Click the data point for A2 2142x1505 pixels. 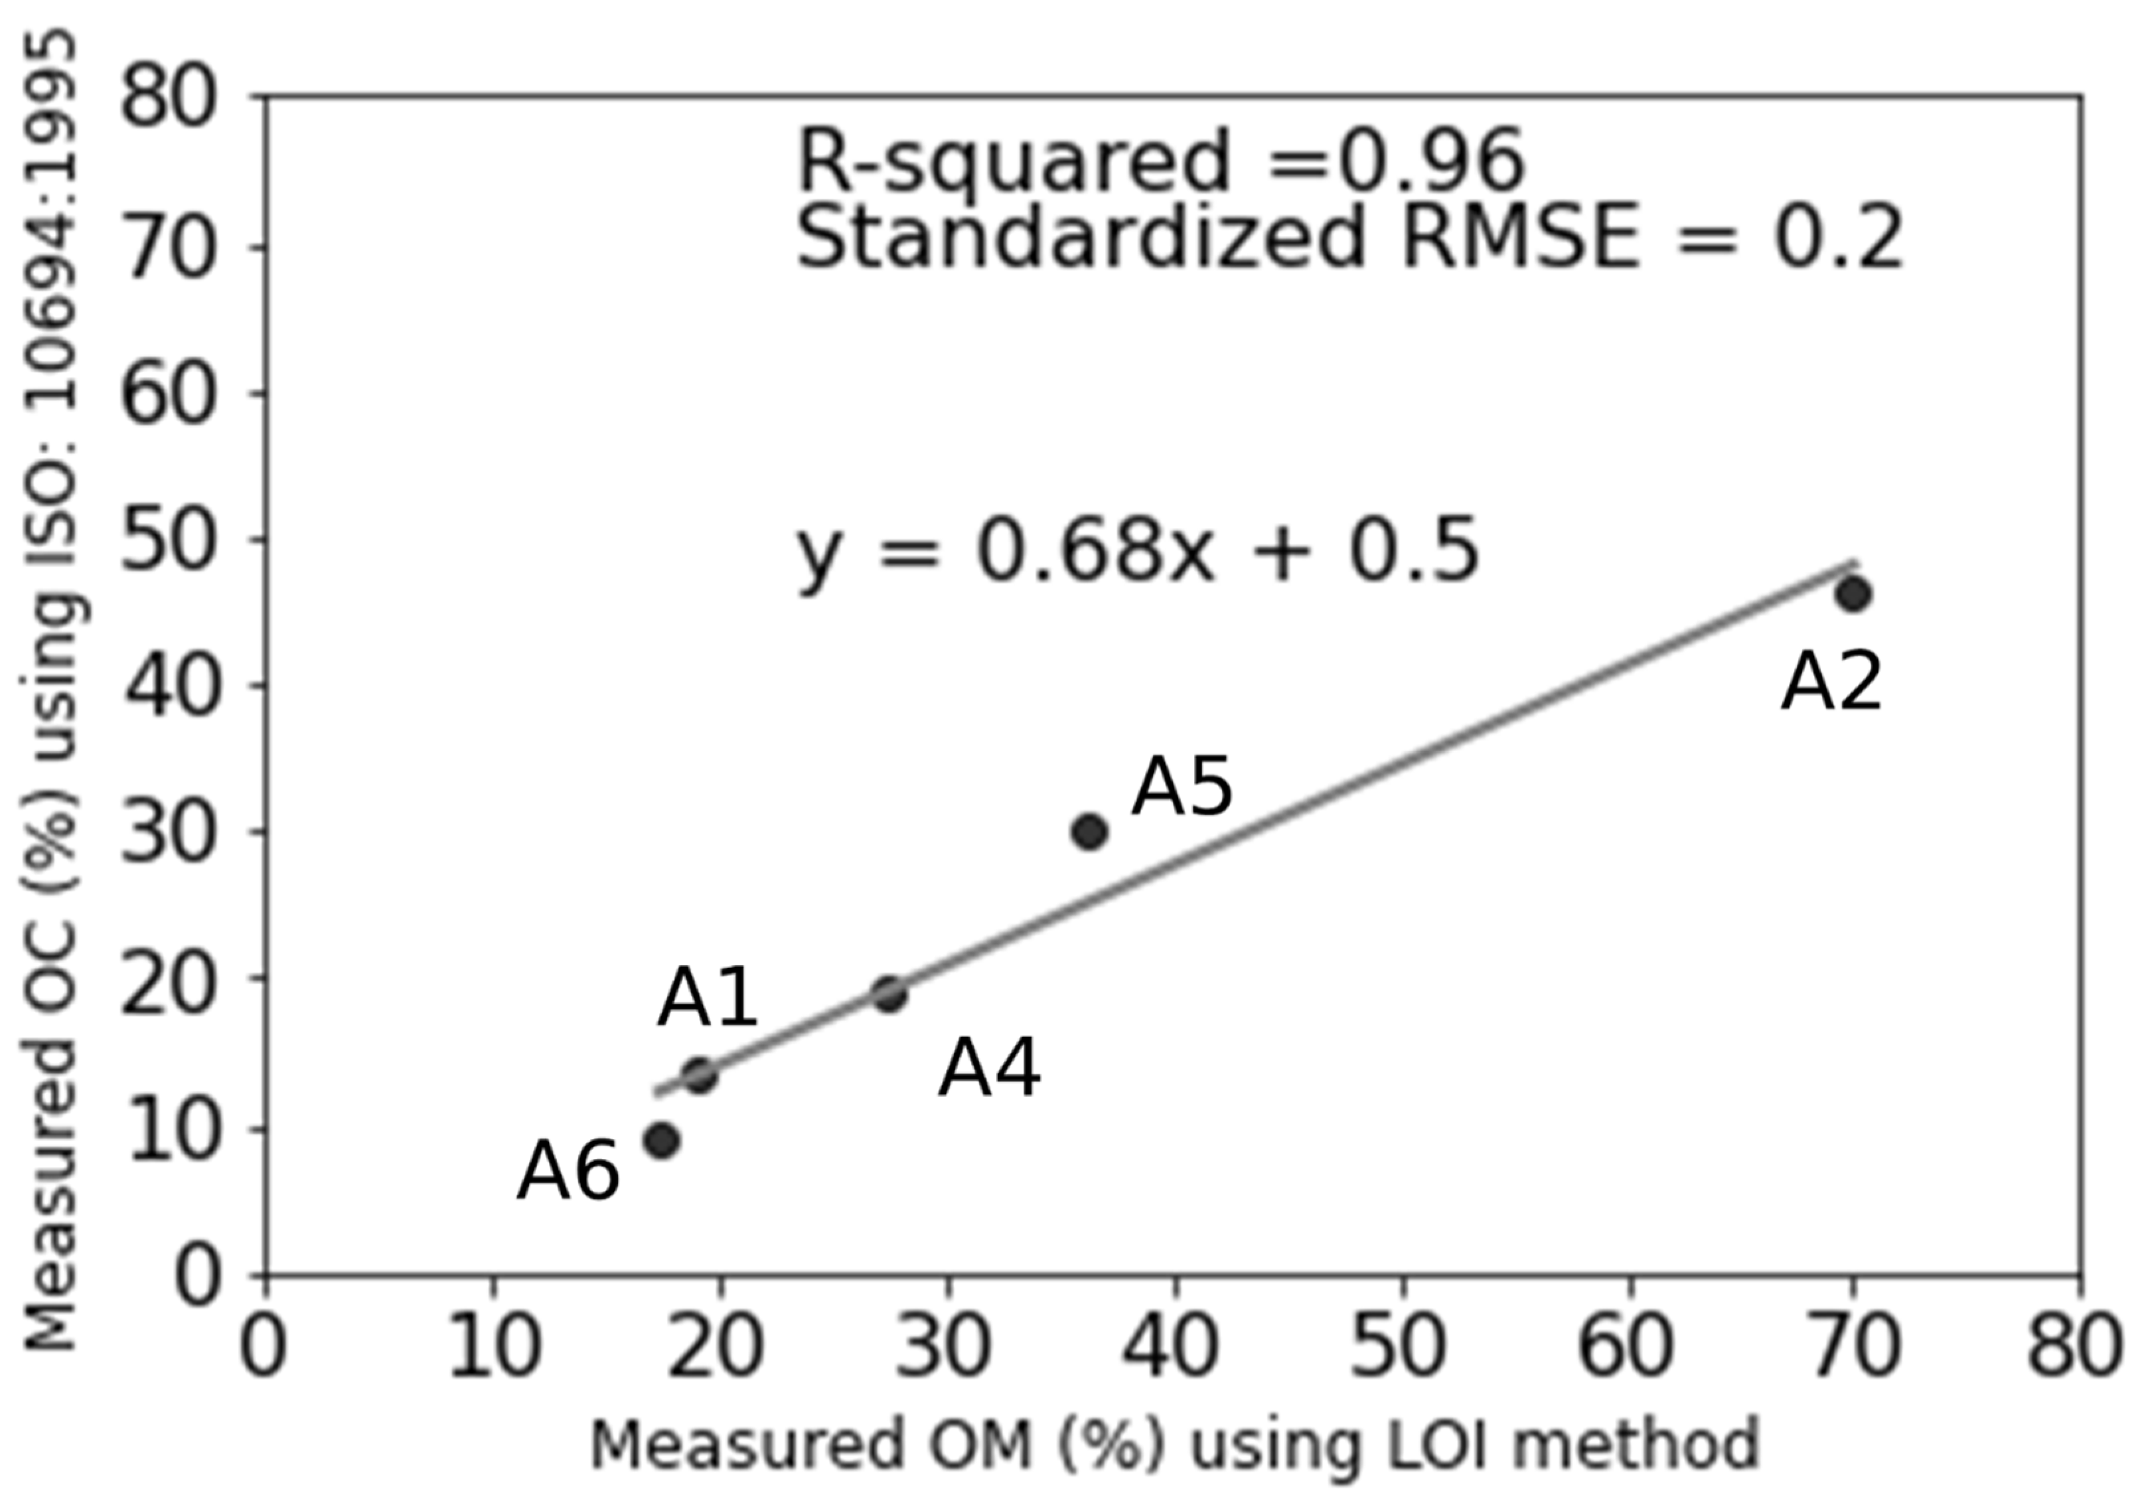pyautogui.click(x=1853, y=594)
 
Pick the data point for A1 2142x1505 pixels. pyautogui.click(x=700, y=1075)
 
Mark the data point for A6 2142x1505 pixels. pyautogui.click(x=661, y=1140)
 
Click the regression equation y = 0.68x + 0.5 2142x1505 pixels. pyautogui.click(x=1137, y=552)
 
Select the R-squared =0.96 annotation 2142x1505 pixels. pyautogui.click(x=1160, y=161)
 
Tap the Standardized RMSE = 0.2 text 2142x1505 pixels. pyautogui.click(x=1348, y=239)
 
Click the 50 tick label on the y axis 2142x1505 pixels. pyautogui.click(x=169, y=540)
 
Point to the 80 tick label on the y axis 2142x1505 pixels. pyautogui.click(x=169, y=97)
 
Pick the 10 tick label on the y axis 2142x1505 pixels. pyautogui.click(x=169, y=1130)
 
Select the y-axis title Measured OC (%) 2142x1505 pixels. pyautogui.click(x=51, y=690)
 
